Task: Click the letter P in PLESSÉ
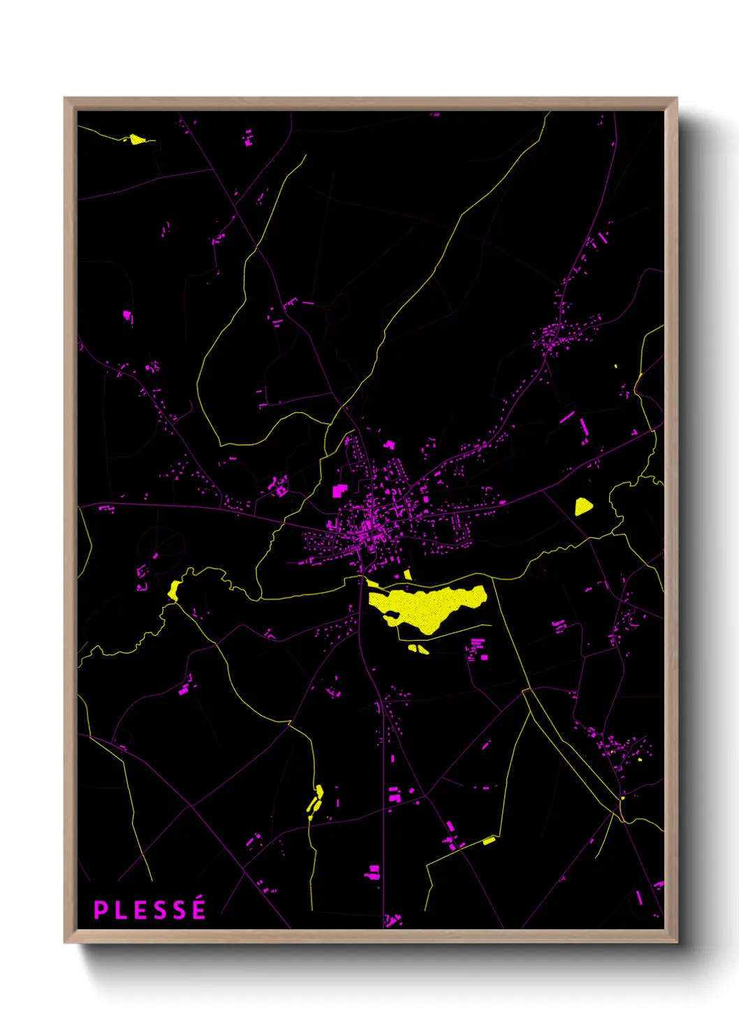point(101,910)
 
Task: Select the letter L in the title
point(121,910)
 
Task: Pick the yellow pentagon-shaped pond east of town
point(583,507)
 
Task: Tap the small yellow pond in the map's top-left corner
point(136,139)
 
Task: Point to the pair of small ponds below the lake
point(418,649)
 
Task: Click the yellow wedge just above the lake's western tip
point(372,583)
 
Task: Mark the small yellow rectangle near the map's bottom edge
point(488,840)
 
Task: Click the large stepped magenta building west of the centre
point(339,490)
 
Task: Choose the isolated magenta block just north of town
point(389,444)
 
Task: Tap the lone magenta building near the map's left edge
point(127,316)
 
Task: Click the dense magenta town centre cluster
point(368,524)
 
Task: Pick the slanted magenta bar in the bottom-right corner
point(639,897)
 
